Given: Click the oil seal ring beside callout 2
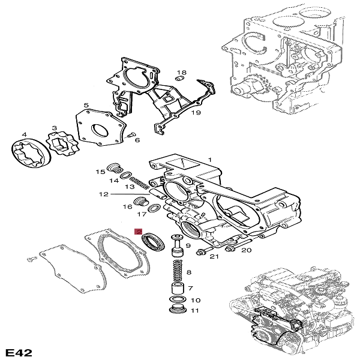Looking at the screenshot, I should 153,242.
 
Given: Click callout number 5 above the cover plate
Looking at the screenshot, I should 86,106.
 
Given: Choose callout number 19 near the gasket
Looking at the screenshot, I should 195,112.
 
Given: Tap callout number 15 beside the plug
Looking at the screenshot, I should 100,172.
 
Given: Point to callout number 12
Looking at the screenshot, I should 103,194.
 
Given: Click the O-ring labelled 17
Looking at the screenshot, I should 154,208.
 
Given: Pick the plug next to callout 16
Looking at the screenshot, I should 140,200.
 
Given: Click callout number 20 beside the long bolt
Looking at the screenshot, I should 246,250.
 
